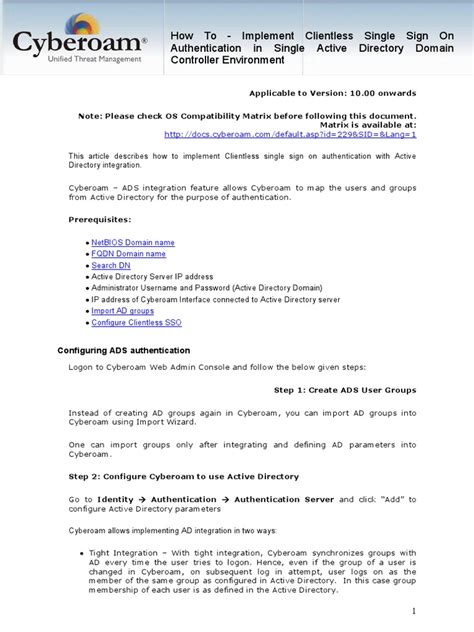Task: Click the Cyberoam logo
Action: [x=80, y=43]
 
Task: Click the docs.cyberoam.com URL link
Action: [x=290, y=133]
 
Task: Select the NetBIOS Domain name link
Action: [x=133, y=242]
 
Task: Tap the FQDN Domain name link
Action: [x=129, y=254]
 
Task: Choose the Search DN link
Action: [x=111, y=265]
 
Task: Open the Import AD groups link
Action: [x=123, y=311]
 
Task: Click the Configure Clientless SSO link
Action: [x=137, y=323]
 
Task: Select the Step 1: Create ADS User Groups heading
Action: [x=345, y=389]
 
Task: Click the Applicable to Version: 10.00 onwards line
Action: [x=331, y=92]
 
